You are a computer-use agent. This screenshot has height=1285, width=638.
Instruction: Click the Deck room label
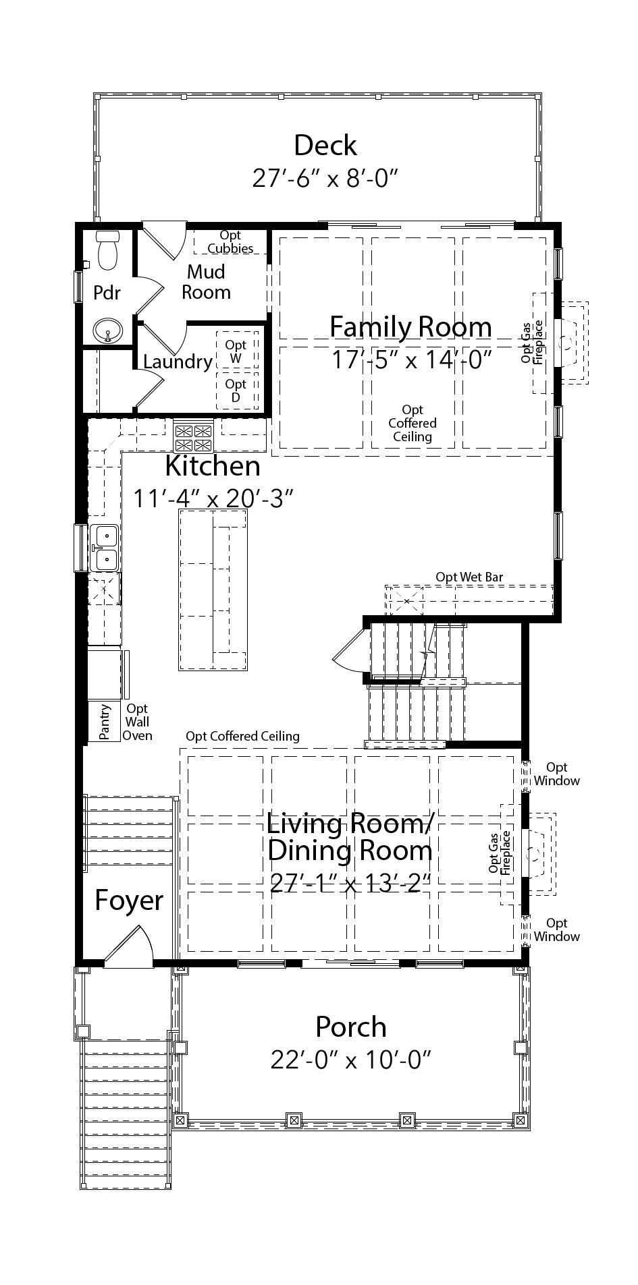(325, 146)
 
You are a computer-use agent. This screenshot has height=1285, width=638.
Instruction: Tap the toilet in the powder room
(108, 251)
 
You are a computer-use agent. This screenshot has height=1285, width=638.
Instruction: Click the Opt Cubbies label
(230, 241)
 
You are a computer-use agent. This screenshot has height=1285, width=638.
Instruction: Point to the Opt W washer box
(236, 351)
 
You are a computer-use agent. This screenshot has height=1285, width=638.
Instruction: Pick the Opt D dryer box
(236, 390)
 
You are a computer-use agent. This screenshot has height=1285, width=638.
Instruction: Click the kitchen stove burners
(194, 437)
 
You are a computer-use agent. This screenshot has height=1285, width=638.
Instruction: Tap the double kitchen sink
(105, 548)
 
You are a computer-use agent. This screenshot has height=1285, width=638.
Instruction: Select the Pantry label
(105, 722)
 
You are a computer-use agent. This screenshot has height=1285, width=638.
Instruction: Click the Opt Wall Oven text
(137, 722)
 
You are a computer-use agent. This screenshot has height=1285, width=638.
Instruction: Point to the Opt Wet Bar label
(469, 577)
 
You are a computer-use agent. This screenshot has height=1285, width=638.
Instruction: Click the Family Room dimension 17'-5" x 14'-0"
(410, 360)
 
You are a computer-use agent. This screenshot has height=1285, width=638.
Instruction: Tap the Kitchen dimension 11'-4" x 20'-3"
(213, 498)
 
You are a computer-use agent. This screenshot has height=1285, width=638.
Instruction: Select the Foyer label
(128, 900)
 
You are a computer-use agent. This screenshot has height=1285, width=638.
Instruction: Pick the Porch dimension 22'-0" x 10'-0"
(350, 1060)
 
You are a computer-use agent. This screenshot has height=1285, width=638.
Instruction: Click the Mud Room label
(206, 282)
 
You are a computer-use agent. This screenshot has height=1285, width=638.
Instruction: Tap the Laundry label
(177, 362)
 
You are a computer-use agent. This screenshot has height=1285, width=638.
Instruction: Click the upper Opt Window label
(556, 774)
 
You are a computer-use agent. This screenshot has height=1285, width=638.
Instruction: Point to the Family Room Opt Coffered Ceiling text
(412, 423)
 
